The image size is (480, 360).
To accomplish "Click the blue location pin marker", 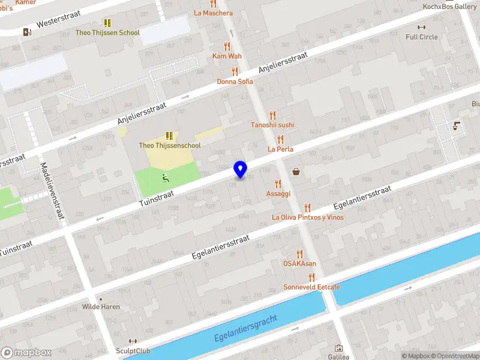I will (x=240, y=169).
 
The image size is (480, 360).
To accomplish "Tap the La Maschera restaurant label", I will (x=213, y=13).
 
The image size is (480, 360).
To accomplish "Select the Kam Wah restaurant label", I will (x=227, y=56).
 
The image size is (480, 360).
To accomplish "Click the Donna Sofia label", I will (x=235, y=81).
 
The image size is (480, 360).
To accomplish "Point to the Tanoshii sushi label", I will (x=272, y=125).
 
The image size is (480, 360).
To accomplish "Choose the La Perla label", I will (x=280, y=148).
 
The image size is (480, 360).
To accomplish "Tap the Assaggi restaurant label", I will (x=278, y=194).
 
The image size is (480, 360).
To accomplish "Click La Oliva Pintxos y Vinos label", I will (x=308, y=217).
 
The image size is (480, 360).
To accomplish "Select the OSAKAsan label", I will (x=300, y=263).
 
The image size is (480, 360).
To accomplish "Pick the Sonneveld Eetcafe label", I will (x=311, y=287).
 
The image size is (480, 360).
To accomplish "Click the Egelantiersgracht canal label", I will (x=246, y=329).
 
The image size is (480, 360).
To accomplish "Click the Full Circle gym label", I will (x=421, y=37).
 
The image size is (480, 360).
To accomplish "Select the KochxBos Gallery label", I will (x=449, y=7).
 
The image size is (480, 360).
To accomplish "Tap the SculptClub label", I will (x=133, y=350).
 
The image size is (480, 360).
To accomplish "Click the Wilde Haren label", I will (x=101, y=307).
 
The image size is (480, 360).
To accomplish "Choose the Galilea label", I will (x=338, y=356).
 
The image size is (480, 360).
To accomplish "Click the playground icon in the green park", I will (x=165, y=178).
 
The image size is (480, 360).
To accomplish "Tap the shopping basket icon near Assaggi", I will (x=296, y=172).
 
